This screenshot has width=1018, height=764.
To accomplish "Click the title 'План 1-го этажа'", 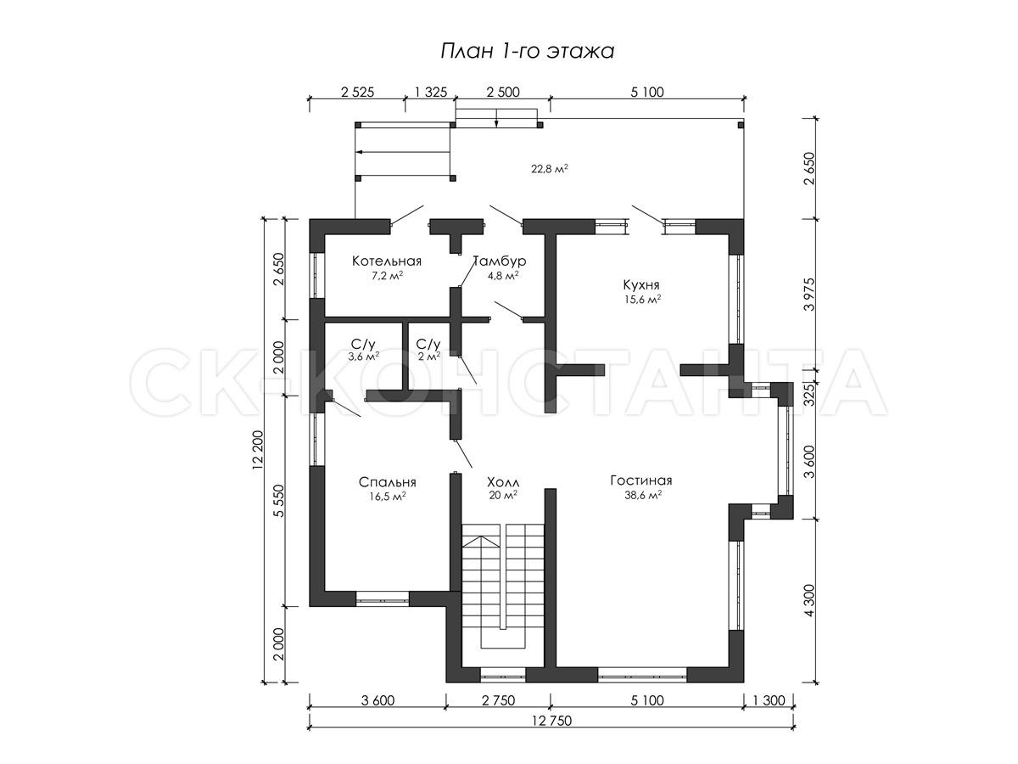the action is pos(528,51).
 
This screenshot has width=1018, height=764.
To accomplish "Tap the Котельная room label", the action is pos(386,261).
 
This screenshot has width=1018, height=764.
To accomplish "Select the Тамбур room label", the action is pos(501,261).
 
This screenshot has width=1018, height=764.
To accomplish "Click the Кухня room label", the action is pos(641,285).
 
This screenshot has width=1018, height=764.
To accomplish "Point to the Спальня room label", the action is pos(387,482).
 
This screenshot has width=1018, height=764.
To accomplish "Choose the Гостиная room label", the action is pos(641,480).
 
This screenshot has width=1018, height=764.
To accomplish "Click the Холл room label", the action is pos(503,481).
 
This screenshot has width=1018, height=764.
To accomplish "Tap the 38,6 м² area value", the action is pos(643,495).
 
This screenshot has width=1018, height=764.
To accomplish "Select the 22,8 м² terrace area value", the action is pos(550,169).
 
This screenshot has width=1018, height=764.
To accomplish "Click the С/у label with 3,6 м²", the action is pos(363,344).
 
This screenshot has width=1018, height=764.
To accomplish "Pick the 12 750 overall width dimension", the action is pos(551,721).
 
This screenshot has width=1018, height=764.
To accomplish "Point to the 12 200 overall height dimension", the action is pos(257,451).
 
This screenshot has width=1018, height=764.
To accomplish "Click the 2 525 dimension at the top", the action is pos(357,93).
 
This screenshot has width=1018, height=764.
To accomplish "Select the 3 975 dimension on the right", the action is pos(809,294).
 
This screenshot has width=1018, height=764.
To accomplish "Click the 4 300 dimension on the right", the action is pos(809,600).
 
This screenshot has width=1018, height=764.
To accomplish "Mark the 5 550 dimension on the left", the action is pos(278,501).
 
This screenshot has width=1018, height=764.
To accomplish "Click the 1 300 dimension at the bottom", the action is pos(769,700).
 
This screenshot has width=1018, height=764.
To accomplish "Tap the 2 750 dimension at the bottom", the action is pos(498,700).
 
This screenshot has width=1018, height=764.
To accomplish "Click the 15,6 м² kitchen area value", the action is pos(642,299).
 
